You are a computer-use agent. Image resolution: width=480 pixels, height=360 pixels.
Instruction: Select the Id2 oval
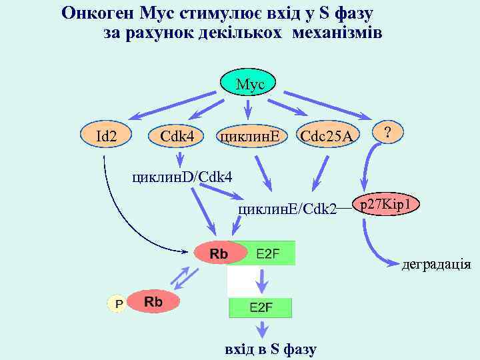[106, 136]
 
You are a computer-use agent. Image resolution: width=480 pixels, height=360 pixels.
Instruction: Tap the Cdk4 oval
[177, 136]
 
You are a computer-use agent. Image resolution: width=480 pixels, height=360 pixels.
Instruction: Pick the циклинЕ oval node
[249, 136]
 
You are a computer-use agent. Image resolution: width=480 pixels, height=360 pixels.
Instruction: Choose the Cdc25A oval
[327, 136]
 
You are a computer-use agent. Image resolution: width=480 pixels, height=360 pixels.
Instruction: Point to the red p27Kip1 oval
[389, 204]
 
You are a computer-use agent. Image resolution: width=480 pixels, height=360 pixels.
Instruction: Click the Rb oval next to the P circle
[153, 302]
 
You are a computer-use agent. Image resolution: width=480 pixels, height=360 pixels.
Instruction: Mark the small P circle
[118, 303]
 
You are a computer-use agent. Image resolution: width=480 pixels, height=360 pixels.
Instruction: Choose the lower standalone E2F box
[261, 307]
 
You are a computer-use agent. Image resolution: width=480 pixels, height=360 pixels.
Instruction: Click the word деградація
[436, 265]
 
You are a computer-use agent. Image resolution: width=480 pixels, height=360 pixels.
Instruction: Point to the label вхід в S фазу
[271, 349]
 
